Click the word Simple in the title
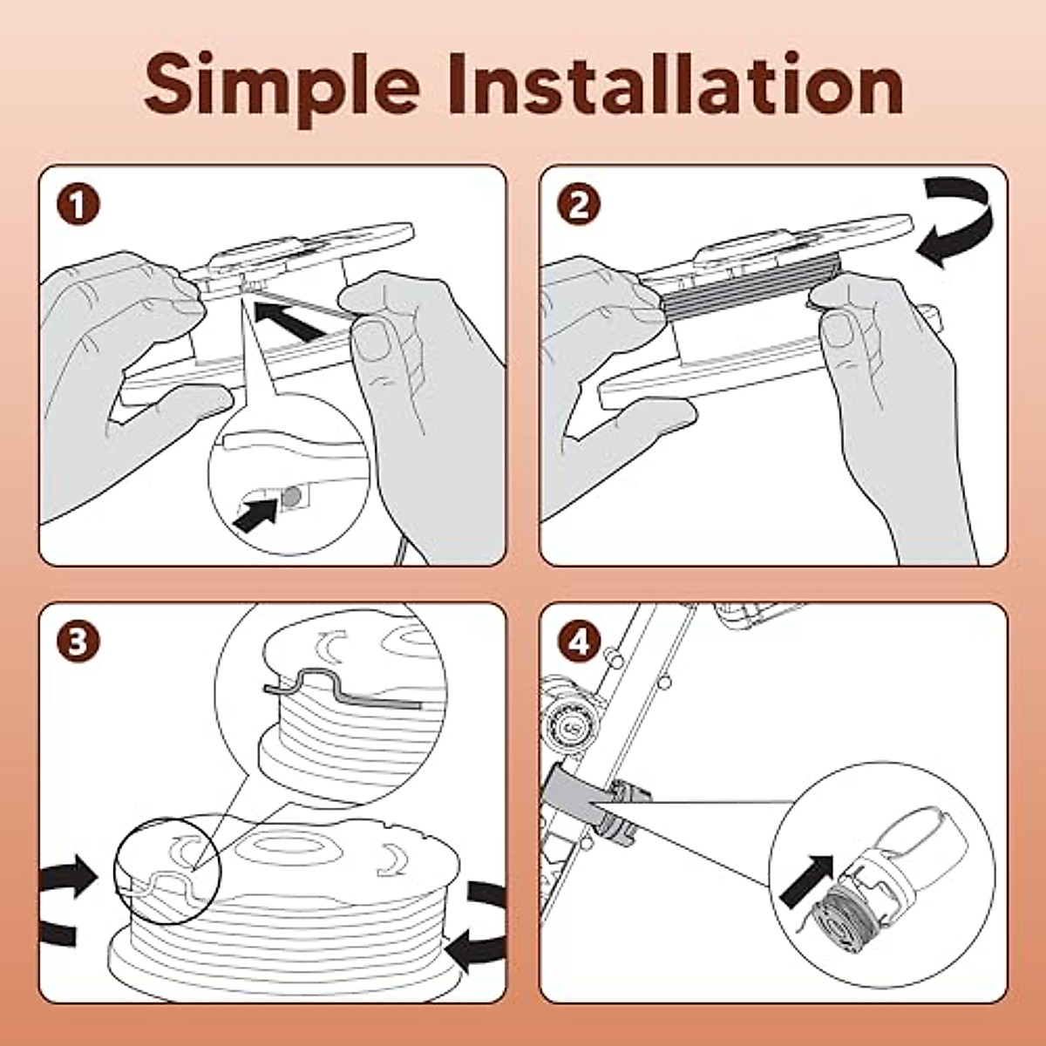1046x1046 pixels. click(x=282, y=87)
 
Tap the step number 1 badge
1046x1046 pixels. click(x=78, y=205)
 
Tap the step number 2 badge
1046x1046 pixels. click(x=579, y=205)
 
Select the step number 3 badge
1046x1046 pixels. click(x=78, y=643)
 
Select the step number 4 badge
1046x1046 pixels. click(x=579, y=643)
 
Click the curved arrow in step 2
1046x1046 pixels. click(x=972, y=228)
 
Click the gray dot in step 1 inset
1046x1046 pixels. click(x=292, y=496)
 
